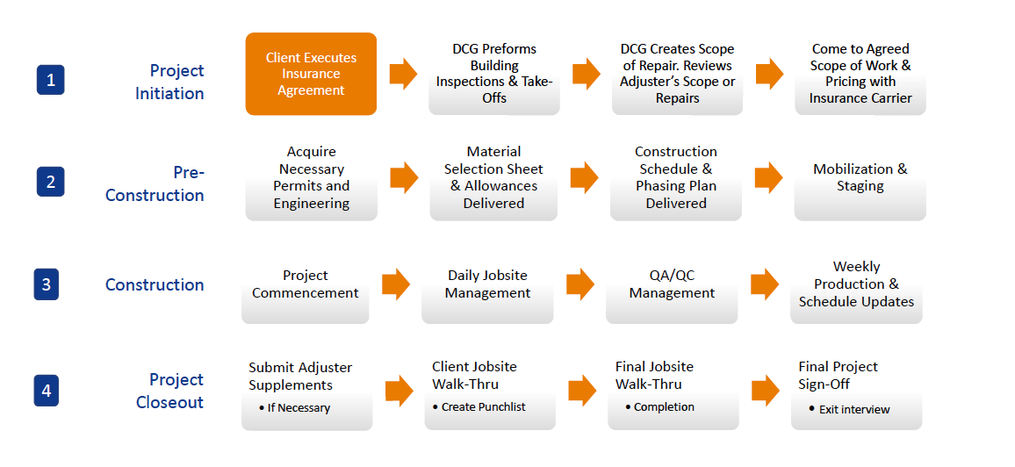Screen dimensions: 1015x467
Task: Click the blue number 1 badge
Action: (51, 80)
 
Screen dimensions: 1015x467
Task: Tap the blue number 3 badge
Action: (46, 284)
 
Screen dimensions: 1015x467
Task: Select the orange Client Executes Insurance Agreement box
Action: (311, 74)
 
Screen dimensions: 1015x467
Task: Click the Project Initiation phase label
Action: (169, 82)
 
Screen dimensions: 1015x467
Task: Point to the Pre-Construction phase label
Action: (155, 183)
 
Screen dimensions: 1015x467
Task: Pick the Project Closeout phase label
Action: (169, 391)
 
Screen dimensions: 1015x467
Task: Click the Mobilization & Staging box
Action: (860, 181)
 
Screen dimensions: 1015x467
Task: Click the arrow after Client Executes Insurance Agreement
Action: (403, 74)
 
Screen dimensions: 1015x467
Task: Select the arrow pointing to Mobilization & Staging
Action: (769, 177)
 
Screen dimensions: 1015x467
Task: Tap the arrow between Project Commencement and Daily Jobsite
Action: (396, 284)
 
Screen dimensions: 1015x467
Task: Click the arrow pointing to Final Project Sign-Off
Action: (766, 390)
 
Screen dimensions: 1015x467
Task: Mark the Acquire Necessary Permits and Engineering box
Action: (312, 181)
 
